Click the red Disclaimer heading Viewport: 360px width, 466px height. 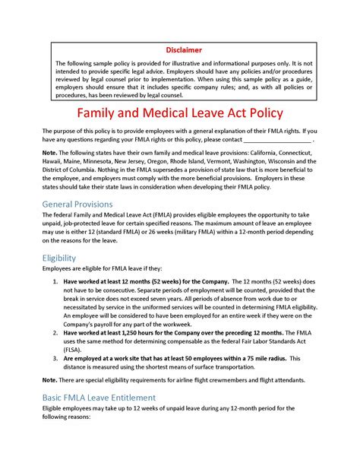coord(179,49)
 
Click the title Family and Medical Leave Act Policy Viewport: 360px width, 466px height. coord(180,113)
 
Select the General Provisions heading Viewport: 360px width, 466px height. coord(77,204)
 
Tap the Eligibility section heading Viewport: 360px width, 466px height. coord(59,258)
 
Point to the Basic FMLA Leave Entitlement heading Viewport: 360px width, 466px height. coord(99,398)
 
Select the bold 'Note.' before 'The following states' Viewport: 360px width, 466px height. coord(49,153)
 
